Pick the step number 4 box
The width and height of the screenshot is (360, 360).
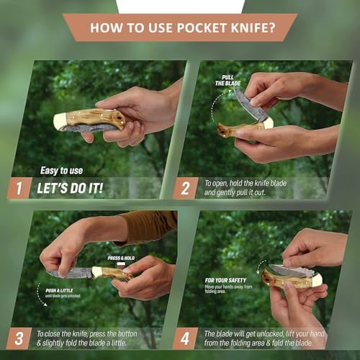pyautogui.click(x=185, y=337)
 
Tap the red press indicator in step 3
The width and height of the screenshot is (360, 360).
pyautogui.click(x=122, y=264)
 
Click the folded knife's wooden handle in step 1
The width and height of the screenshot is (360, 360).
pyautogui.click(x=94, y=118)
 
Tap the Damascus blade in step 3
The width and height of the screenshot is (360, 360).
pyautogui.click(x=72, y=274)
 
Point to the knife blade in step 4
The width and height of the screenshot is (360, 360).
pyautogui.click(x=292, y=270)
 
